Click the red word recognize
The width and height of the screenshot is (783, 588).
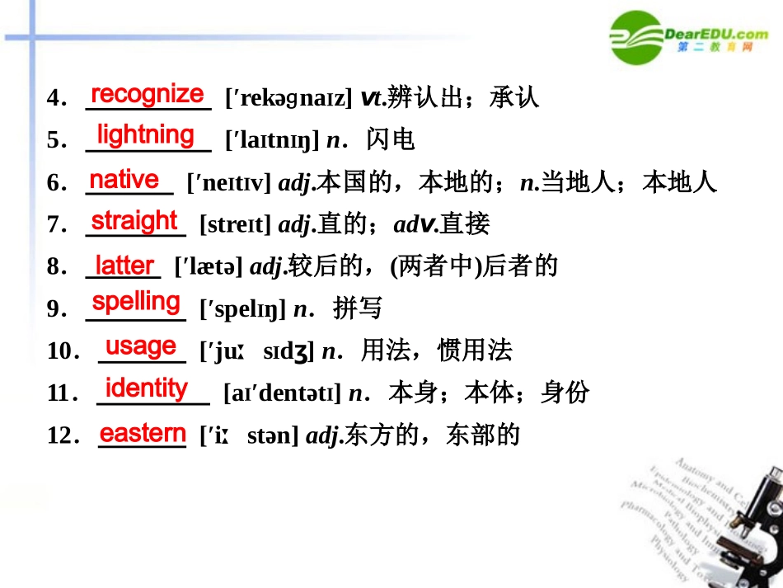[147, 95]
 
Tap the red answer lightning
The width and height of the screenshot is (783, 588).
[146, 134]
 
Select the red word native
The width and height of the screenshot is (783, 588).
[124, 179]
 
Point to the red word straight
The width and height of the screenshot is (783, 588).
[134, 221]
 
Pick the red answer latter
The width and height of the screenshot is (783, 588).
[124, 266]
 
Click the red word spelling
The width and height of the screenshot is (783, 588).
[137, 302]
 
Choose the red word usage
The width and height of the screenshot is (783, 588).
[141, 346]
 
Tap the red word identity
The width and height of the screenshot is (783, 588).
[147, 388]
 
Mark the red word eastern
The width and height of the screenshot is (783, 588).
[143, 433]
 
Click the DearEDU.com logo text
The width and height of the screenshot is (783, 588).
[716, 34]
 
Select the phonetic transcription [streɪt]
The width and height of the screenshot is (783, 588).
[235, 224]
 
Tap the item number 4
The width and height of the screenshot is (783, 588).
[55, 99]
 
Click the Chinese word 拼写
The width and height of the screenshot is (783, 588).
[358, 309]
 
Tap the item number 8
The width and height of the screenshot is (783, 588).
[55, 267]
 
